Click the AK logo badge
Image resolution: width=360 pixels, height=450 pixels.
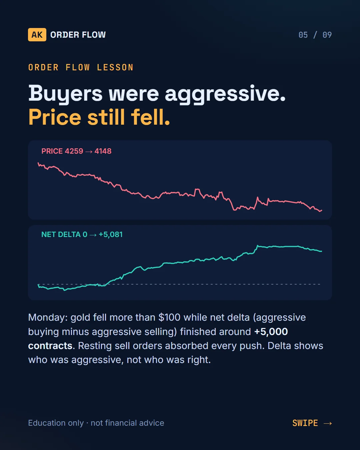pyautogui.click(x=37, y=35)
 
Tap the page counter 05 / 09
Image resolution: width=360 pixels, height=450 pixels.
pyautogui.click(x=315, y=35)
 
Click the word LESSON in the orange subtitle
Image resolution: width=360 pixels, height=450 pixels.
pyautogui.click(x=115, y=68)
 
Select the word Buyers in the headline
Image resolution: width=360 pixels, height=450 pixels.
pyautogui.click(x=65, y=94)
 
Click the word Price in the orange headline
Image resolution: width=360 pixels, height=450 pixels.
pyautogui.click(x=55, y=117)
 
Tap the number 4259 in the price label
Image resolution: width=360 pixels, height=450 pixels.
pyautogui.click(x=74, y=151)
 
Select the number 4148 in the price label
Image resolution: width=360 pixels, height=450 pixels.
pyautogui.click(x=103, y=151)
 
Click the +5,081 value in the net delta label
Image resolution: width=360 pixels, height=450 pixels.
pyautogui.click(x=111, y=235)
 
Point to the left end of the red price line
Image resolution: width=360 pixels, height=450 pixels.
pyautogui.click(x=38, y=163)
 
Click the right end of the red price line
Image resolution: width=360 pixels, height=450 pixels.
pyautogui.click(x=322, y=210)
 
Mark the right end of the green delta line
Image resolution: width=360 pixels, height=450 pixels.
pyautogui.click(x=322, y=251)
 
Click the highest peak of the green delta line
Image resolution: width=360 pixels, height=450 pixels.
pyautogui.click(x=258, y=246)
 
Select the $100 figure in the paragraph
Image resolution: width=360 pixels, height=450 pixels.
pyautogui.click(x=169, y=317)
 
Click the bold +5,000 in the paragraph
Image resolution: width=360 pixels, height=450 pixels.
pyautogui.click(x=271, y=332)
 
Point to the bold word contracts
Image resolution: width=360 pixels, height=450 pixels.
pyautogui.click(x=50, y=346)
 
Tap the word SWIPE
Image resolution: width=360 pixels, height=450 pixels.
pyautogui.click(x=305, y=423)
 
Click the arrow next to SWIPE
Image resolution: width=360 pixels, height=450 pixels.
pyautogui.click(x=328, y=423)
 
